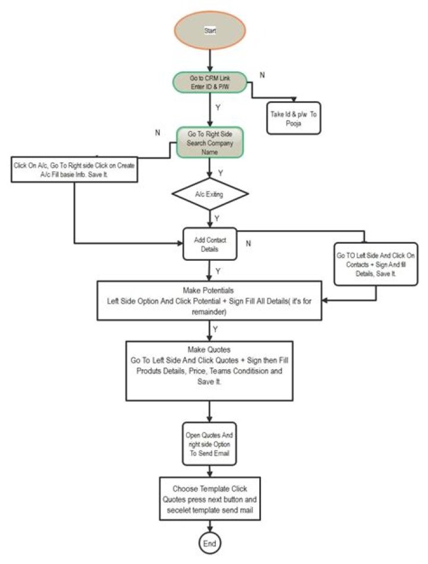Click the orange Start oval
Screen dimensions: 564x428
(209, 29)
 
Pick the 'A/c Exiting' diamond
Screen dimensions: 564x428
(209, 194)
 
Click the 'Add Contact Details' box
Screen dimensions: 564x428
(209, 244)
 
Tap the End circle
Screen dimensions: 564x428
(210, 543)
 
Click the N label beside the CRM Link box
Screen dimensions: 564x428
(262, 75)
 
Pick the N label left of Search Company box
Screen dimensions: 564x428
(158, 132)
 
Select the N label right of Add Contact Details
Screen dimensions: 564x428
(248, 243)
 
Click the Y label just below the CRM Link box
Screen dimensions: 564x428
(219, 108)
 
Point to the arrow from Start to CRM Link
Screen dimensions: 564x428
(209, 59)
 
